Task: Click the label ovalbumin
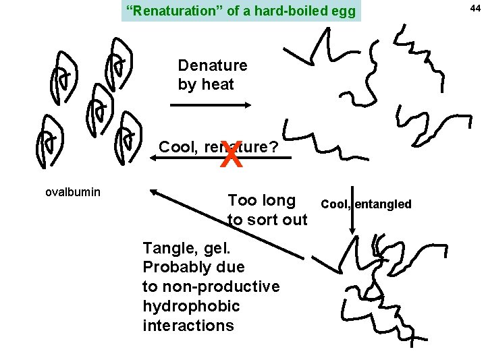[72, 192]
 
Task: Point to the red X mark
[230, 158]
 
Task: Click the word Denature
[213, 65]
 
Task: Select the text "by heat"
[206, 84]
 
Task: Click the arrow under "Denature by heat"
[210, 105]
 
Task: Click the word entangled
[383, 204]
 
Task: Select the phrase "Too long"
[262, 200]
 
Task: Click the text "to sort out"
[267, 220]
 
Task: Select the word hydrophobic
[191, 306]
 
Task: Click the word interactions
[188, 326]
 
